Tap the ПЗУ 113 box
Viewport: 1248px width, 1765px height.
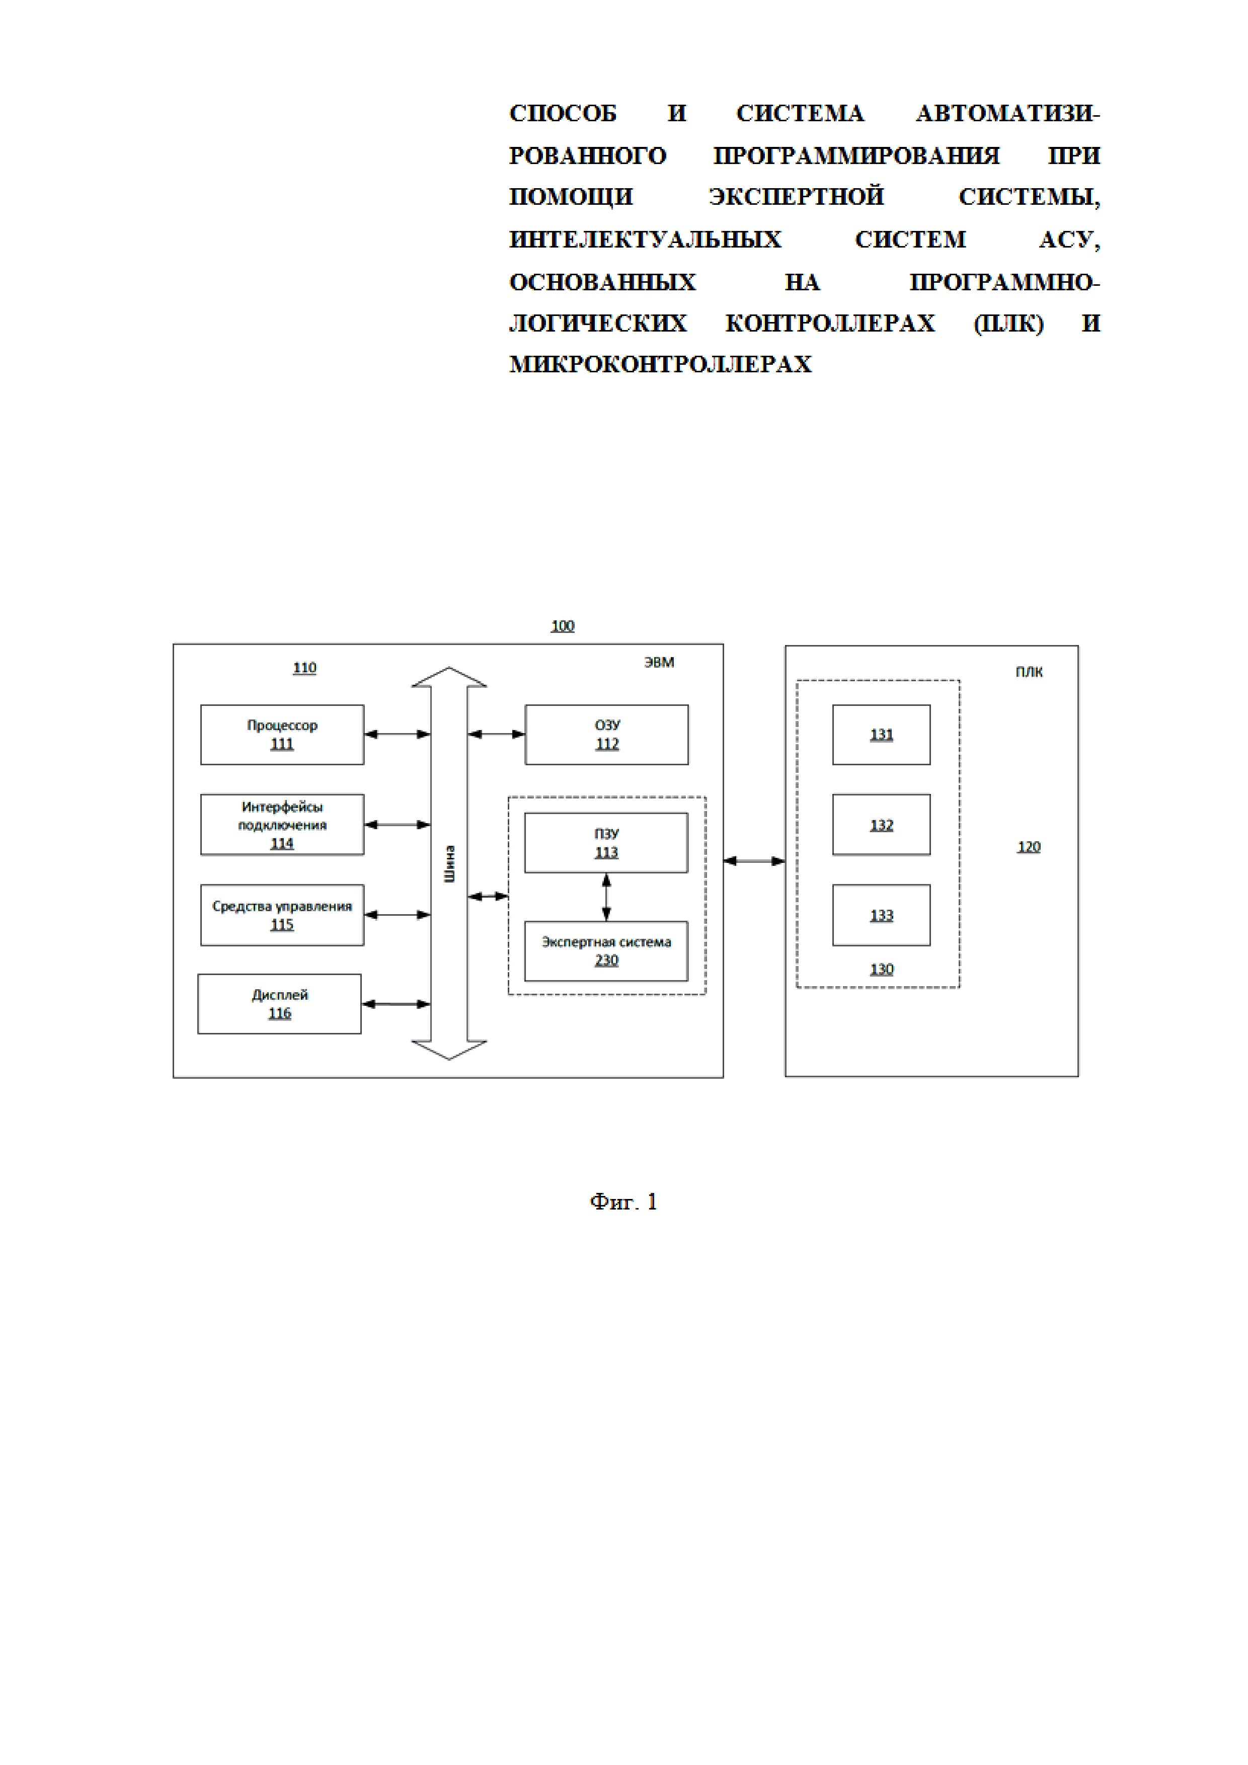pyautogui.click(x=606, y=843)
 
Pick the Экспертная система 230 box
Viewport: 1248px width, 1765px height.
pyautogui.click(x=606, y=951)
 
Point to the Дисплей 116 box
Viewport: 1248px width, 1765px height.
pyautogui.click(x=279, y=1004)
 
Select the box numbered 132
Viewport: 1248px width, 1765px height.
pyautogui.click(x=881, y=824)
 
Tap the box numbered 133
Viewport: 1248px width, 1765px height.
pyautogui.click(x=881, y=915)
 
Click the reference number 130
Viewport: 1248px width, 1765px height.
pyautogui.click(x=881, y=970)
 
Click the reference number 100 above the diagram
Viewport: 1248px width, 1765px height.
pyautogui.click(x=562, y=626)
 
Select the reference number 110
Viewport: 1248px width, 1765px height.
pyautogui.click(x=304, y=667)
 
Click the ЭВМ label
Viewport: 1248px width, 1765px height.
pyautogui.click(x=659, y=662)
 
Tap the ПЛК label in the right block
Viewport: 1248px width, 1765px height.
pyautogui.click(x=1029, y=672)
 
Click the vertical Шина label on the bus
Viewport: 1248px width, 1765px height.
pyautogui.click(x=450, y=863)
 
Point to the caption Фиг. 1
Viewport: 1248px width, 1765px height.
pyautogui.click(x=623, y=1201)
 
